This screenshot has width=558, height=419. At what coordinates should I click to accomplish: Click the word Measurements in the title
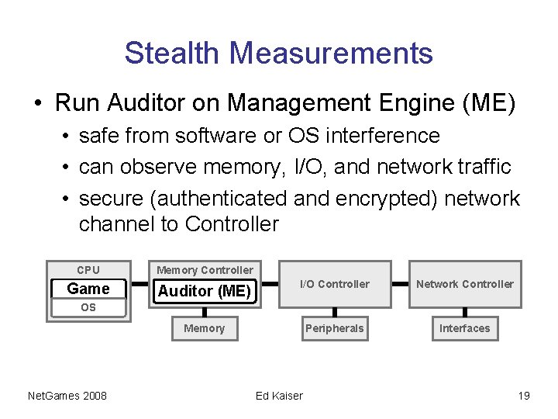click(x=331, y=54)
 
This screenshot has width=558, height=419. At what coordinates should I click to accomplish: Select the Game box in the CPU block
click(x=88, y=289)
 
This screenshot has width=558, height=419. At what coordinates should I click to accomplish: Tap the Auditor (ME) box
click(x=205, y=291)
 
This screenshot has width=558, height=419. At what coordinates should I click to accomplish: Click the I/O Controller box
click(x=334, y=284)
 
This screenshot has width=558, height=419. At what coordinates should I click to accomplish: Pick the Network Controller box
click(x=464, y=284)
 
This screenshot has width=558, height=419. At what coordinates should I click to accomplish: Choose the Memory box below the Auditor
click(x=204, y=328)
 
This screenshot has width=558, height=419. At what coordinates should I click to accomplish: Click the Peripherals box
click(x=334, y=328)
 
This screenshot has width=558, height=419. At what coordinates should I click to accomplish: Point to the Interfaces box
click(x=464, y=328)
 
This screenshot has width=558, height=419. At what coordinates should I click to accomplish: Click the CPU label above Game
click(x=88, y=270)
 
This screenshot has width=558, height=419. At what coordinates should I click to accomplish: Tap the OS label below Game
click(x=88, y=308)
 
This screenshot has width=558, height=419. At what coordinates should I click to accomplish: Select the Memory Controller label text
click(x=205, y=270)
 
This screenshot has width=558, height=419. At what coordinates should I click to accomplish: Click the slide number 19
click(x=524, y=396)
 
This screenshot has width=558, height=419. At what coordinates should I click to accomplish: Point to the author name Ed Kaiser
click(x=279, y=396)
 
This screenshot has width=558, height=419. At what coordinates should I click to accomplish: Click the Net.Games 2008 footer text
click(x=67, y=396)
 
